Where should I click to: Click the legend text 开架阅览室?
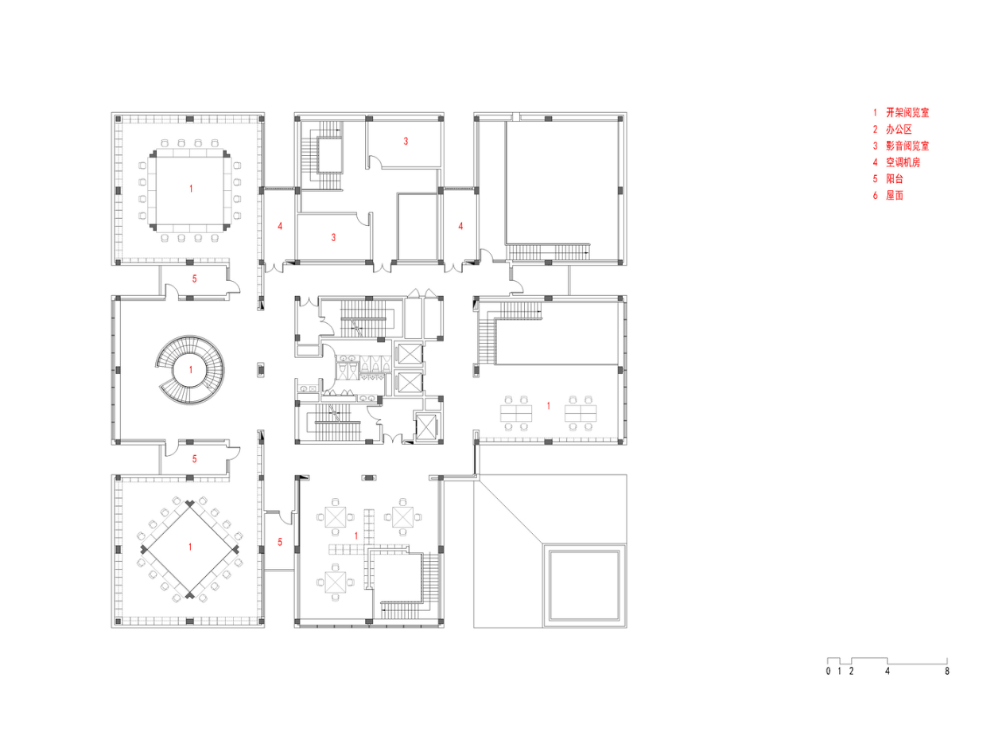[x=907, y=114]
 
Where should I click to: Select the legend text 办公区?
[x=897, y=130]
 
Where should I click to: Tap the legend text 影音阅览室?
[x=907, y=146]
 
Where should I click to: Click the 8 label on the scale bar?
[x=947, y=672]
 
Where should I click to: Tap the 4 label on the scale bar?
[x=888, y=672]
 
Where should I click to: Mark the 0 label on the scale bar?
[x=828, y=672]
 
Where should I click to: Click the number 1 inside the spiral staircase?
[x=191, y=370]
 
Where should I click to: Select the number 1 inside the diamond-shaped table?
[x=191, y=547]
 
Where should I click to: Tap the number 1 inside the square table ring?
[x=191, y=189]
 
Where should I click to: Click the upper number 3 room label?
[x=406, y=142]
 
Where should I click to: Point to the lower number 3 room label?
[x=334, y=237]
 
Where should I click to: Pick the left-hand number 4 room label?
[x=280, y=227]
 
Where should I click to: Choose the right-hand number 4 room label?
[x=460, y=226]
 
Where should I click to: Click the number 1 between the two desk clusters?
[x=549, y=407]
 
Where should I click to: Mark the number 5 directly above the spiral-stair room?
[x=195, y=279]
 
